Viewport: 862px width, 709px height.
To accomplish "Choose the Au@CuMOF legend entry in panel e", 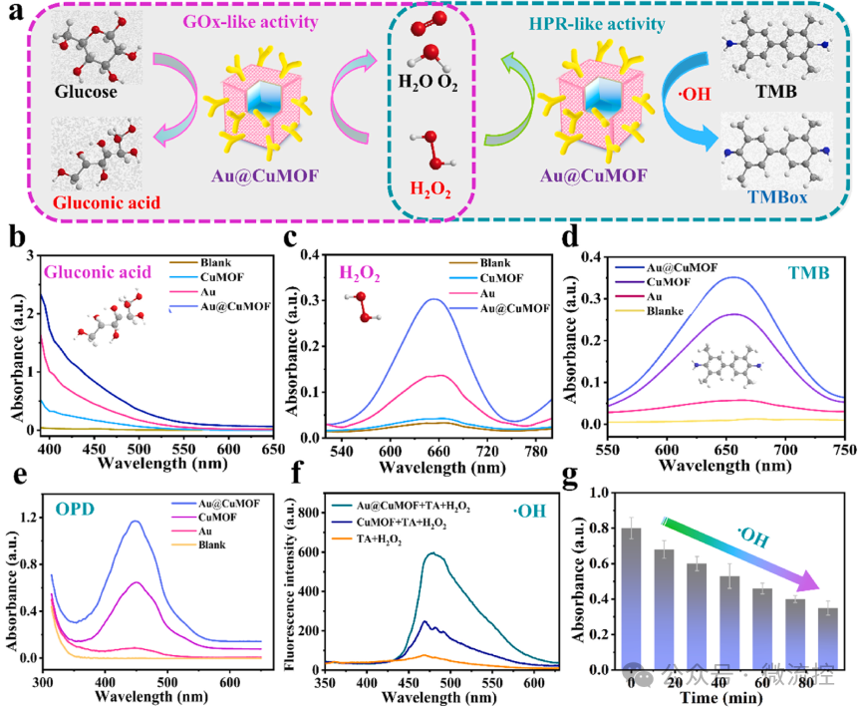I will point(230,504).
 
